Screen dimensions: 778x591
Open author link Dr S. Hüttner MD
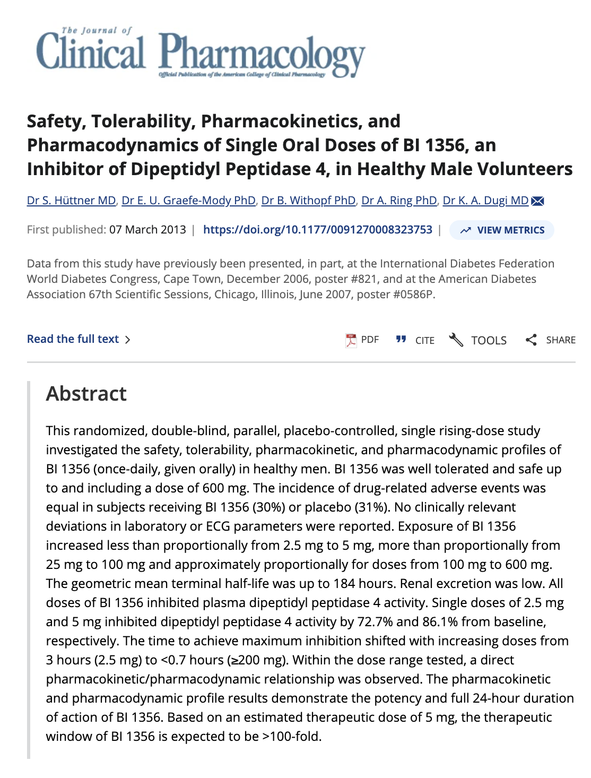[x=71, y=201]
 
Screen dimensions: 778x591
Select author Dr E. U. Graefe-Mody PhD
[x=188, y=201]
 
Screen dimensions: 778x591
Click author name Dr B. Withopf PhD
[x=308, y=201]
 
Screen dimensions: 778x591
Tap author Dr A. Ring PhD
[x=399, y=201]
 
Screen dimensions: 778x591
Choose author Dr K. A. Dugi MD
[x=485, y=201]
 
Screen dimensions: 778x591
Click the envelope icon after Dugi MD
[x=537, y=201]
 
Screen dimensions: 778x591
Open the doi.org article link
[x=317, y=230]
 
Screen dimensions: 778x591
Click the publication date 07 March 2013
[x=147, y=230]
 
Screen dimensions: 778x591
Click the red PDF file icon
[x=351, y=340]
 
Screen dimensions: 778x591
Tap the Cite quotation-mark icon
[x=401, y=340]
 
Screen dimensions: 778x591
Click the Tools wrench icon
[x=456, y=340]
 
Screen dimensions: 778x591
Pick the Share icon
[x=531, y=340]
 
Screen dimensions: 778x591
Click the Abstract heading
[x=86, y=394]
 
